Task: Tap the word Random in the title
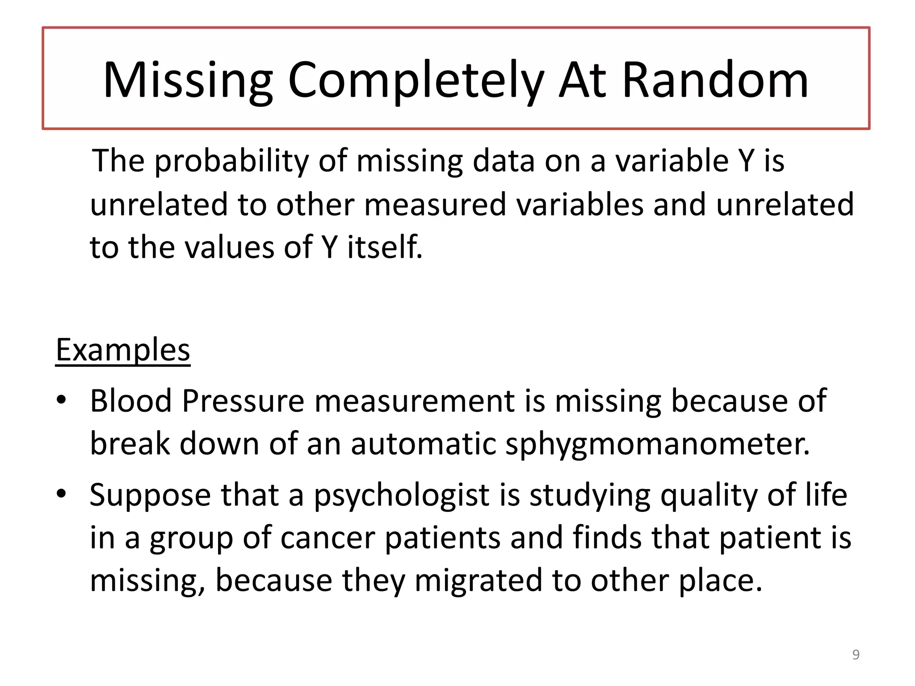click(715, 80)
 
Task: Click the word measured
click(435, 205)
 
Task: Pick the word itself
click(385, 247)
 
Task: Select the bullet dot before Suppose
click(62, 494)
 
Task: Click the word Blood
click(131, 401)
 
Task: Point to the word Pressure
click(243, 401)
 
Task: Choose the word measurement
click(414, 401)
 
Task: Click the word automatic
click(423, 444)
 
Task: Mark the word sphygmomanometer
click(657, 445)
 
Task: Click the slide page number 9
click(856, 655)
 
